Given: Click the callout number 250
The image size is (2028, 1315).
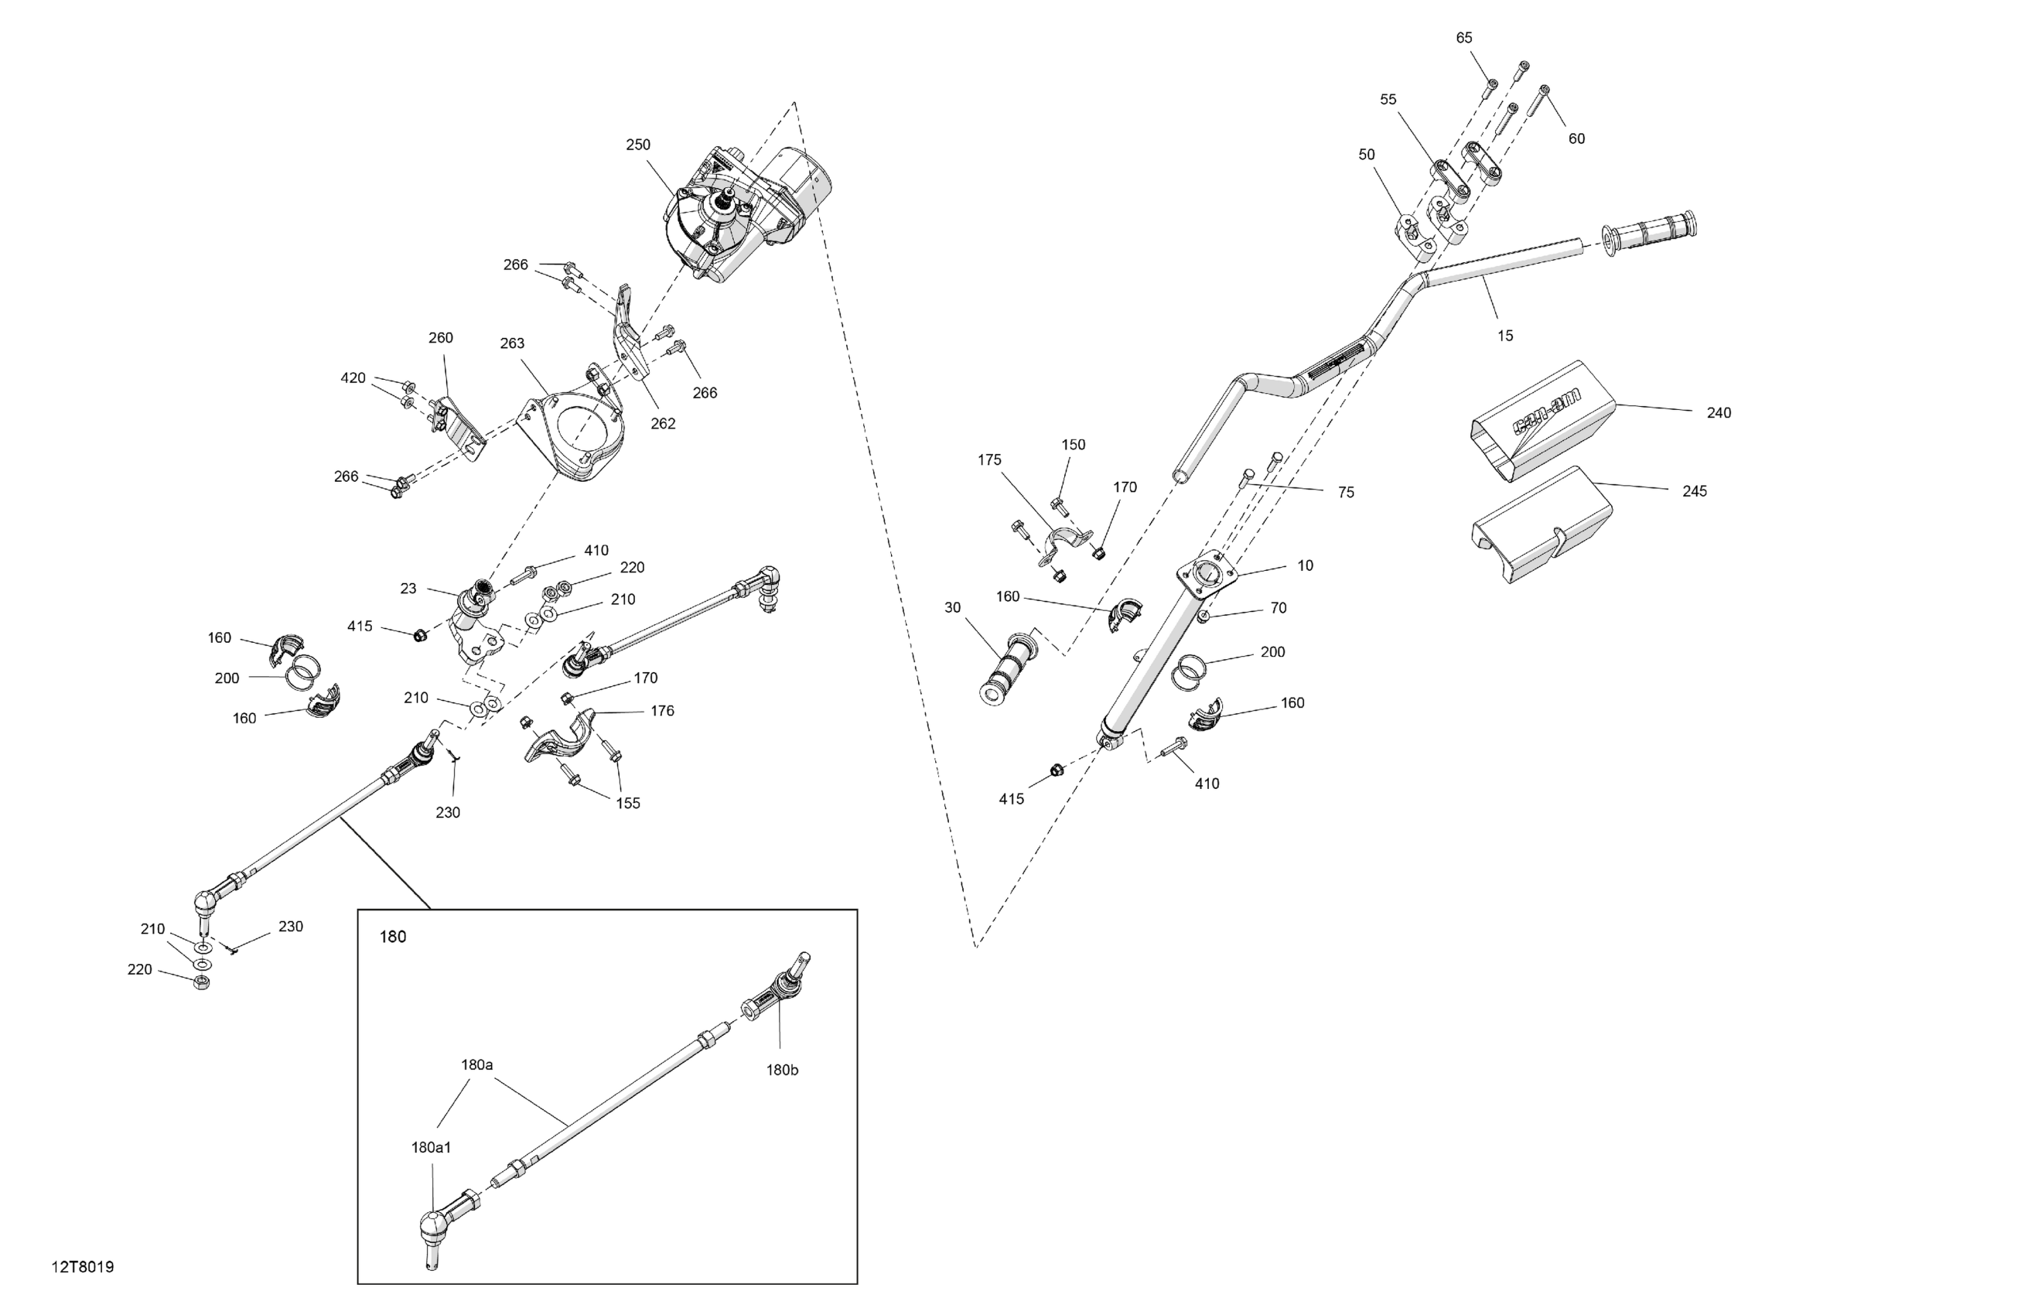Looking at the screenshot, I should tap(637, 145).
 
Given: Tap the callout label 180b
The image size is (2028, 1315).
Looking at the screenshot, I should tap(781, 1070).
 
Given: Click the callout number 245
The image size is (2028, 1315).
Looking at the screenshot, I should tap(1694, 491).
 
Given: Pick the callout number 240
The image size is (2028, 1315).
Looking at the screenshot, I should tap(1719, 412).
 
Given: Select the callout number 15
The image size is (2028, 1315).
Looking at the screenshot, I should tap(1505, 336).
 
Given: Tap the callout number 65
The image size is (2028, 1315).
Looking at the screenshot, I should tap(1463, 37).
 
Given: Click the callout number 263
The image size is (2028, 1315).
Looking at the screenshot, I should tap(512, 343).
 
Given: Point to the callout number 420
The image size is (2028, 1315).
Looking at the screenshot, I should tap(353, 378).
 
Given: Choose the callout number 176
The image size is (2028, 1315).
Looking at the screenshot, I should tap(662, 711).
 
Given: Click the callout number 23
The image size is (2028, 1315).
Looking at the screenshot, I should tap(408, 588).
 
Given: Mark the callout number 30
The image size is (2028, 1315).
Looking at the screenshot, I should tap(952, 608).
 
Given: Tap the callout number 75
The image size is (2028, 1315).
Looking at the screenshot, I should tap(1346, 492).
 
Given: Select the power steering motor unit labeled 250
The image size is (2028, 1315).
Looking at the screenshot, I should tap(741, 213).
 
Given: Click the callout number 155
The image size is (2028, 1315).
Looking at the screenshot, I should tap(627, 803).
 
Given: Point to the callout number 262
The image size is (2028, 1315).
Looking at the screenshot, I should tap(662, 424).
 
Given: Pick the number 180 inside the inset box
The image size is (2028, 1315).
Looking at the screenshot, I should tap(392, 937).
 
